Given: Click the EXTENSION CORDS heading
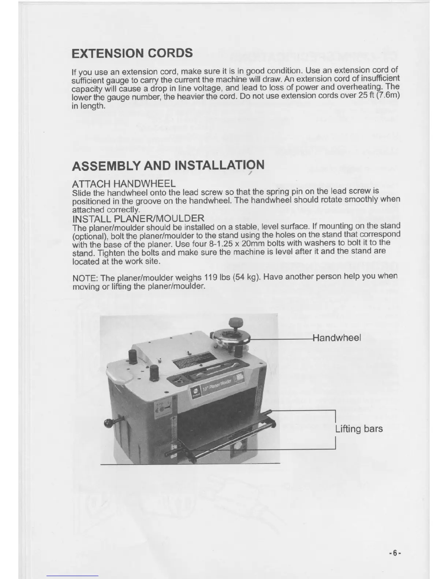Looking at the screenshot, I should point(132,53).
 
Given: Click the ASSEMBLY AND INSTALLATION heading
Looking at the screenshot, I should point(168,166).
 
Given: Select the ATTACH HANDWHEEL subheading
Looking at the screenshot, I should point(124,183).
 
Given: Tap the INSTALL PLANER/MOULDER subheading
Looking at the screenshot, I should point(138,219).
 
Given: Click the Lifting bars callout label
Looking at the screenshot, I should point(359,429).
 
